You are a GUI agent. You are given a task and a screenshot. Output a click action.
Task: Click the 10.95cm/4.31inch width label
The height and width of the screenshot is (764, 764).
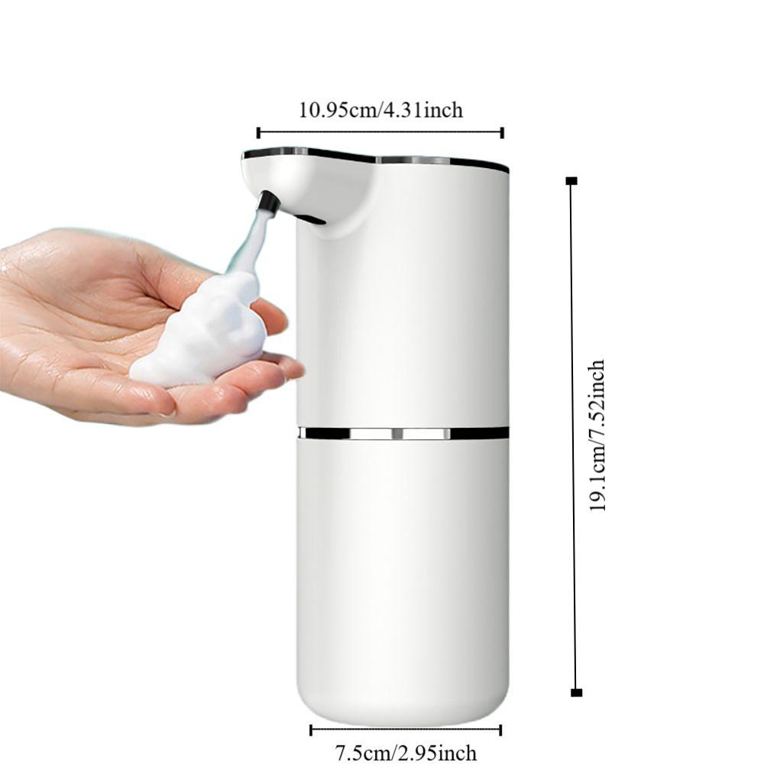[x=380, y=110]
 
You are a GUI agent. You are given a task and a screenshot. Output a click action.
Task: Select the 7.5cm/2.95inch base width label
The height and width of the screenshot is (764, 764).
[x=406, y=753]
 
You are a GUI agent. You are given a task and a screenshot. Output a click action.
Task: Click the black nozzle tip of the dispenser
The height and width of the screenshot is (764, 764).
[x=267, y=202]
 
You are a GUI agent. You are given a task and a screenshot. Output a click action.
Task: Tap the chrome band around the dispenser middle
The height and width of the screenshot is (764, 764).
[x=403, y=433]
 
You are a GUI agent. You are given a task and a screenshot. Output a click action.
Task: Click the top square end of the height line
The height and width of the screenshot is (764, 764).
[x=571, y=181]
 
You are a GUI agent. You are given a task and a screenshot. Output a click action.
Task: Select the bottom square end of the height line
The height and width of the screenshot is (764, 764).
[x=576, y=692]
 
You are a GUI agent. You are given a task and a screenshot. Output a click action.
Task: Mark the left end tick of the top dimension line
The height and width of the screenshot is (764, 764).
[x=258, y=132]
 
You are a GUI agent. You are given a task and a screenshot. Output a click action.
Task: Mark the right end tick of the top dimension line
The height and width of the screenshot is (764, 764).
[x=502, y=132]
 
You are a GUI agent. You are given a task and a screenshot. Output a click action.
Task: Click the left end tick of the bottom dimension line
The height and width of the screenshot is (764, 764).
[x=311, y=730]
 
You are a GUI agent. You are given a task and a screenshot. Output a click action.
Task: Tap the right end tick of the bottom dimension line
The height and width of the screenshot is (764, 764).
[x=500, y=730]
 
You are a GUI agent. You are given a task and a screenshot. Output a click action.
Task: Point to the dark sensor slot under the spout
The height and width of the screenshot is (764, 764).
[x=310, y=219]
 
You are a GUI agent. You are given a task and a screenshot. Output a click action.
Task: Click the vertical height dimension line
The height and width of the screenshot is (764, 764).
[x=573, y=435]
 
